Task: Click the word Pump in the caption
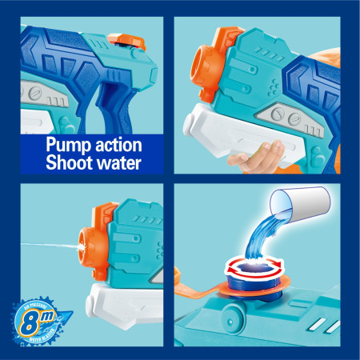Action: pyautogui.click(x=67, y=146)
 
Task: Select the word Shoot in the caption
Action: pyautogui.click(x=70, y=165)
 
